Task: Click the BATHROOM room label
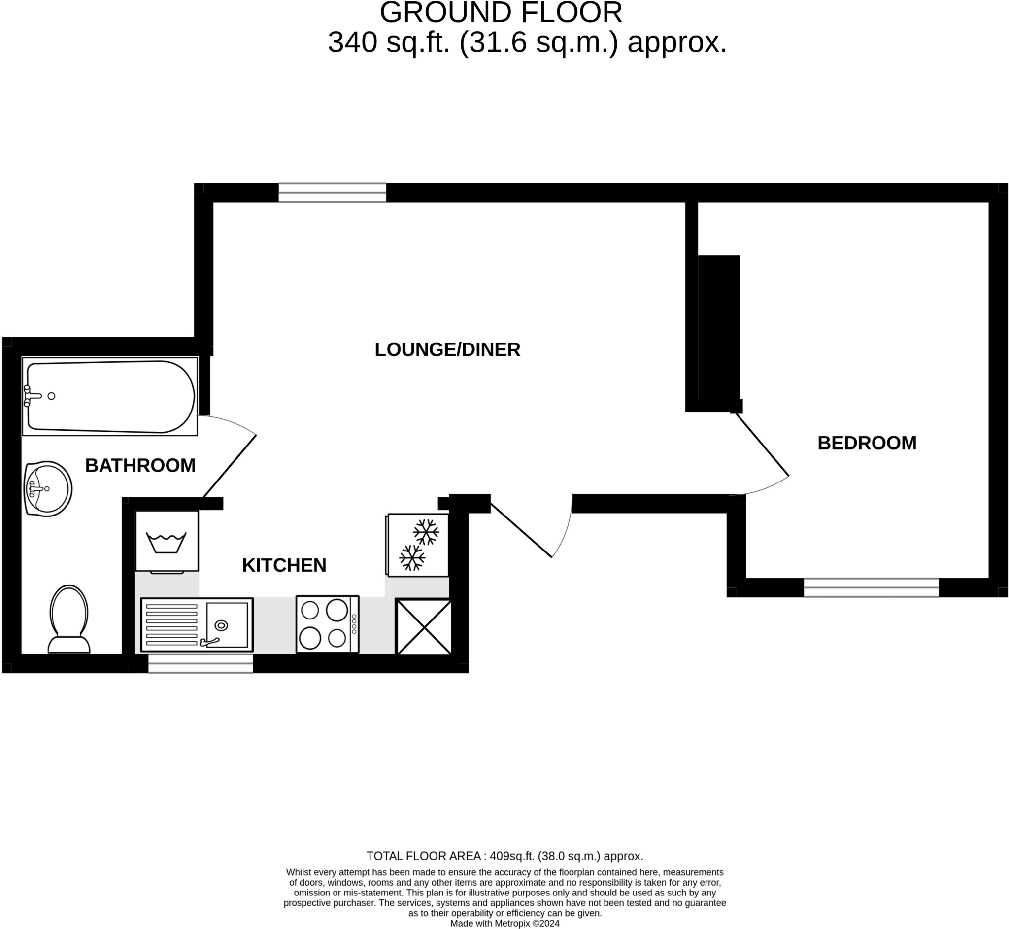[x=140, y=466]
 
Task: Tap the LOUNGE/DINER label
[x=447, y=349]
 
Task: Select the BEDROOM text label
[x=867, y=443]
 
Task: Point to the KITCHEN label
[x=284, y=565]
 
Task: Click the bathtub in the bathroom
[x=109, y=396]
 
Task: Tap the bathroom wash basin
[x=48, y=488]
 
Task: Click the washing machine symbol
[x=167, y=542]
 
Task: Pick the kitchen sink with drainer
[x=197, y=625]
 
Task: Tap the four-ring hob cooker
[x=327, y=624]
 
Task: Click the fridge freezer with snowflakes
[x=418, y=545]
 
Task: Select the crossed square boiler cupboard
[x=424, y=626]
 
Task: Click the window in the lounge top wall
[x=332, y=193]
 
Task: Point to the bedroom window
[x=871, y=587]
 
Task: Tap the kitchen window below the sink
[x=201, y=663]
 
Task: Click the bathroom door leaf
[x=230, y=466]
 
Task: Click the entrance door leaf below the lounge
[x=521, y=530]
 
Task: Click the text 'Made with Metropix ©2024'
[x=504, y=923]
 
